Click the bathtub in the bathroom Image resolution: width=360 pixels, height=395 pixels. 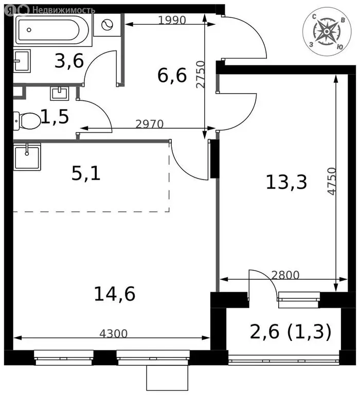pos(52,30)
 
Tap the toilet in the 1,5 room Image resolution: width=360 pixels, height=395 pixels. pos(27,121)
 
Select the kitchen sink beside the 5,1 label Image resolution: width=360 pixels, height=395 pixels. pos(27,157)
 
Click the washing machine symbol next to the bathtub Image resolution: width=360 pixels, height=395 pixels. pos(107,25)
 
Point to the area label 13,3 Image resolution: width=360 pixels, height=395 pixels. pos(286,182)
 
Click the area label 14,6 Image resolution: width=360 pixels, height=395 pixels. pos(115,294)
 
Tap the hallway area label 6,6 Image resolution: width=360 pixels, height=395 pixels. pos(172,75)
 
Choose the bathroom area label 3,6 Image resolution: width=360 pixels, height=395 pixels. pos(69,61)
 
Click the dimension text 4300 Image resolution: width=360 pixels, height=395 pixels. pos(113,333)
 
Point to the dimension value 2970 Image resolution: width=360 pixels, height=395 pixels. pos(149,124)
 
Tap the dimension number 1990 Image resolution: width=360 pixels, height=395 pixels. pos(172,20)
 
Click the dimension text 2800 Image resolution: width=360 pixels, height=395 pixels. pos(285,275)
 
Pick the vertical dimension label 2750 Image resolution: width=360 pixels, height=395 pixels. pos(201,74)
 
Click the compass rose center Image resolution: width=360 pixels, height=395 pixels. pos(327,31)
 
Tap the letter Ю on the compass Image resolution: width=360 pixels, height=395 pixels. pos(339,47)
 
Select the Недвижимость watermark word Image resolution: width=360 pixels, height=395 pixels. pos(64,10)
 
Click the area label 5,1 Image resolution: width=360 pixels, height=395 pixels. pos(86,174)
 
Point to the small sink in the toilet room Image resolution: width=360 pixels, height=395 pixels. pos(60,94)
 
